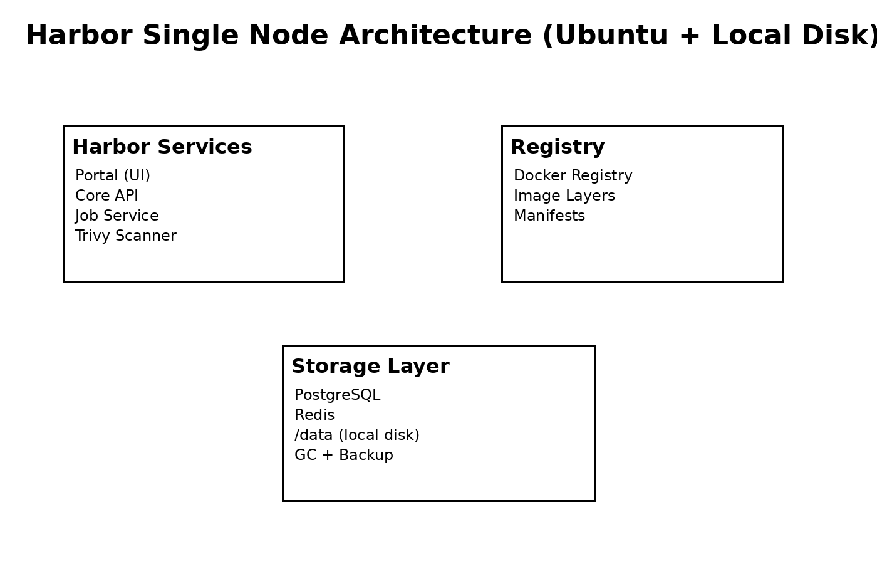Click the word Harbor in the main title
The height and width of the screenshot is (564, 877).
tap(78, 36)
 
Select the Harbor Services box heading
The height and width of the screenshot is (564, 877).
tap(162, 147)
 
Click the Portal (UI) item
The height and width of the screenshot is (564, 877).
tap(113, 175)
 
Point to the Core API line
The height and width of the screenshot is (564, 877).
tap(106, 196)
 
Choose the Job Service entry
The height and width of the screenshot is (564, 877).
tap(117, 216)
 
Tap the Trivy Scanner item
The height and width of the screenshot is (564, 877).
tap(126, 236)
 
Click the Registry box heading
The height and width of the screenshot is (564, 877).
tap(558, 147)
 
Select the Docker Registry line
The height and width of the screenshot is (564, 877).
tap(573, 175)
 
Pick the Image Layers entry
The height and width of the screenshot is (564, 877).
tap(564, 196)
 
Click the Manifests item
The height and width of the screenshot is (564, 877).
tap(549, 216)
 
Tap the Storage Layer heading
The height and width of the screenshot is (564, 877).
tap(370, 367)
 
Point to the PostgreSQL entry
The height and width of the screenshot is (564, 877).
tap(337, 395)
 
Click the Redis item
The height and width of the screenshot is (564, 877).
tap(314, 415)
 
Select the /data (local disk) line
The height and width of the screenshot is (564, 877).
tap(357, 435)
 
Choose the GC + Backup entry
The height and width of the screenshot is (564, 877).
tap(344, 455)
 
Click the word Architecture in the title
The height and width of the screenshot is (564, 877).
tap(435, 36)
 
